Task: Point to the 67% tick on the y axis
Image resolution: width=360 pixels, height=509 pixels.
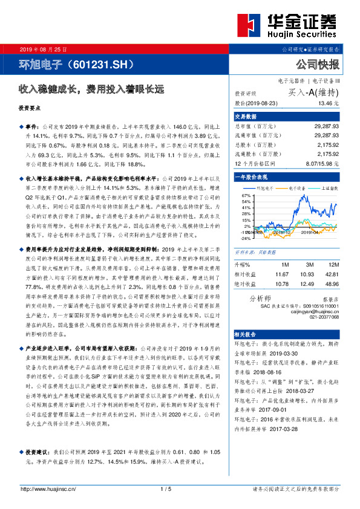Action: tap(245, 196)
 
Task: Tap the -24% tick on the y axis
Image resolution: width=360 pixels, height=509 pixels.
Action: tap(245, 238)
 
